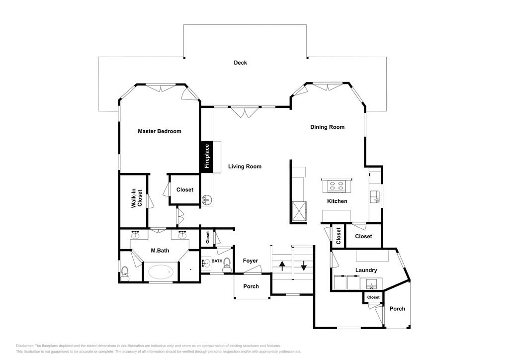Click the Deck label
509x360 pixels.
click(240, 63)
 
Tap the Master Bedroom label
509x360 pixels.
click(160, 131)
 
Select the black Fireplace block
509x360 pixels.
click(206, 157)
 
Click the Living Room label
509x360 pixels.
click(245, 167)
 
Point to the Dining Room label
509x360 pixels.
click(327, 127)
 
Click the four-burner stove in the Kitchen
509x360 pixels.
click(336, 186)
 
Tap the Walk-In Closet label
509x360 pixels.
click(137, 198)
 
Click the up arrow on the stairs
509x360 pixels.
click(282, 266)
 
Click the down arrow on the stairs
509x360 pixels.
click(304, 266)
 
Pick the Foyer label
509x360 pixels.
click(251, 261)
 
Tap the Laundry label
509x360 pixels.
click(366, 270)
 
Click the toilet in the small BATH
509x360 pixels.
click(227, 265)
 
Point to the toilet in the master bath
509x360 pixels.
click(125, 273)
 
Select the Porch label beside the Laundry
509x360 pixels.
click(397, 309)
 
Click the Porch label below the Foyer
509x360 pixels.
click(251, 286)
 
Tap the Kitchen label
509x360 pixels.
click(337, 201)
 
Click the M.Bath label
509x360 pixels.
click(160, 251)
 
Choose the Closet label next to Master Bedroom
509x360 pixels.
click(185, 189)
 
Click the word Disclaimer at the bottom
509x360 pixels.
click(24, 346)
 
